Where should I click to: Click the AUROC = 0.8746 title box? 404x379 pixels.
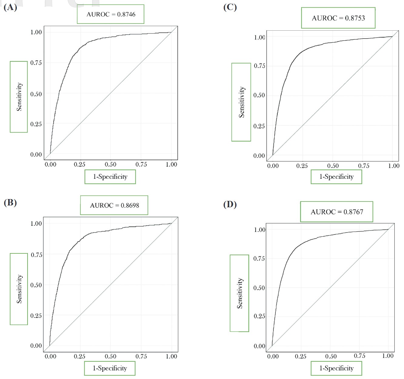[111, 14]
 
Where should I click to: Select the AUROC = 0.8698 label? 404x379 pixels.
[114, 205]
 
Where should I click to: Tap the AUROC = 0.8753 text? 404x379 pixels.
[338, 18]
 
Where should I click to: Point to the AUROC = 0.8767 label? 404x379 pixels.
[337, 212]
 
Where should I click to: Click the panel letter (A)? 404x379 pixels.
[10, 7]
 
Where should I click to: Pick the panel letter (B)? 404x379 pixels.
[10, 202]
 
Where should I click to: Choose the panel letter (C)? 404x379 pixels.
[230, 7]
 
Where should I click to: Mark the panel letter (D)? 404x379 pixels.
[230, 204]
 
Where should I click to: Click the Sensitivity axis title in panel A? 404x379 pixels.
[19, 97]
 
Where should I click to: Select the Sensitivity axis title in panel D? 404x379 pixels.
[240, 293]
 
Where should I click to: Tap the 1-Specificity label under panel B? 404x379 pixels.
[110, 368]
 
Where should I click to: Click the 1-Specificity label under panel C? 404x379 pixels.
[336, 177]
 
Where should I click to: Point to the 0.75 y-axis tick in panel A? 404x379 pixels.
[36, 63]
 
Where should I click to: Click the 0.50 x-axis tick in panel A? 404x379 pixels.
[110, 164]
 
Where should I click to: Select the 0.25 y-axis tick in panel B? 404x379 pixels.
[36, 316]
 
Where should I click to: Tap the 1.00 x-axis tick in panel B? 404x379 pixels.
[171, 356]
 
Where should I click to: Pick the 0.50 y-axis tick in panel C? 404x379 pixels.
[259, 95]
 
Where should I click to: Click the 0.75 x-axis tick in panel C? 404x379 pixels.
[364, 166]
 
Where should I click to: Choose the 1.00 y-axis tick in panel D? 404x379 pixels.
[260, 230]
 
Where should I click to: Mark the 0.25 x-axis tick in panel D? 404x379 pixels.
[301, 356]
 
